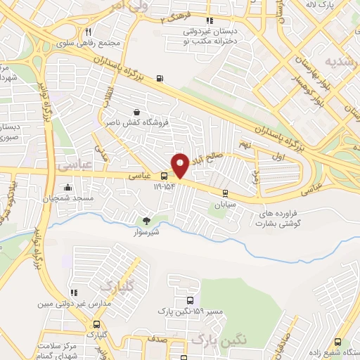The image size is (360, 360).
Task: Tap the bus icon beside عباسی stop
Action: tap(164, 176)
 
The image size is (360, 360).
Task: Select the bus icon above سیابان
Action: tap(225, 193)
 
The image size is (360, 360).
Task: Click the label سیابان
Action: tap(225, 204)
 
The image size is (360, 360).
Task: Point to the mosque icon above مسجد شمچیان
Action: tap(67, 188)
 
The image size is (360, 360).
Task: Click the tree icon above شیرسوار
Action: tap(146, 221)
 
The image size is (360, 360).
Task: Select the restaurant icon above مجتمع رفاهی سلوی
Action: tap(89, 32)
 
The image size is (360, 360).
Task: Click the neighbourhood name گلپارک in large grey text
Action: tap(117, 286)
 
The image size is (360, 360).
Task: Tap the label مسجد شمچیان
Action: tap(68, 199)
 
